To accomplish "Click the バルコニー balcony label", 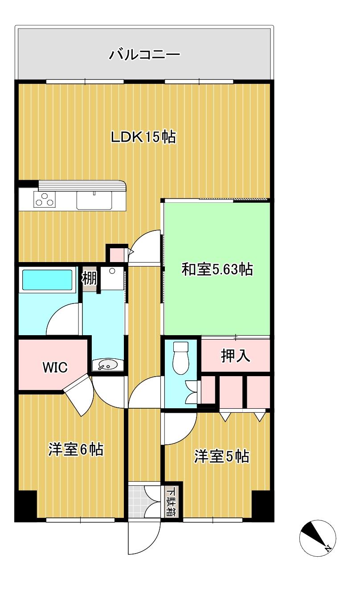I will tap(144, 55).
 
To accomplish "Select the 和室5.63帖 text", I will tap(217, 269).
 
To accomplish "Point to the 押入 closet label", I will tap(235, 356).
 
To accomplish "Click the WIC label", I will tap(55, 367).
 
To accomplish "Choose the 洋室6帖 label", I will tap(76, 449).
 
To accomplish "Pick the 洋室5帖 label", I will tap(221, 456).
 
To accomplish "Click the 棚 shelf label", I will tap(89, 279).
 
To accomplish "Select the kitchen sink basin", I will tap(94, 200).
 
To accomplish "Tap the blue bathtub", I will tap(48, 279).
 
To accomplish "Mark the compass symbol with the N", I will tap(317, 536).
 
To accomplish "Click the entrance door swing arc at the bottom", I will tap(143, 537).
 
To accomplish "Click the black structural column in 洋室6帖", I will tap(26, 505).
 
